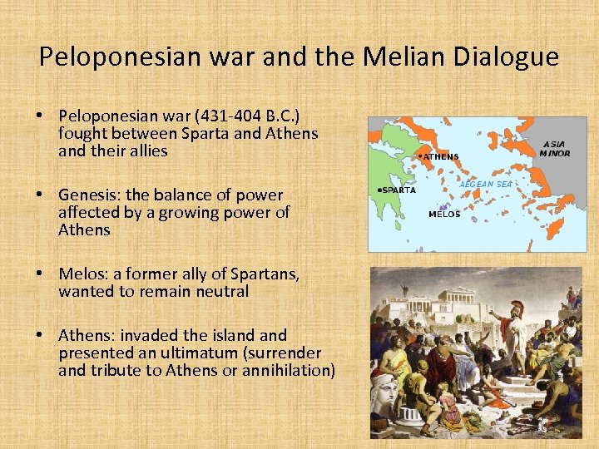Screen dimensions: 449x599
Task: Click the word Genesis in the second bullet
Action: point(87,195)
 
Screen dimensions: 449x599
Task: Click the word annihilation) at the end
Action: point(285,370)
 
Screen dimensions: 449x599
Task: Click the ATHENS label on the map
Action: point(441,156)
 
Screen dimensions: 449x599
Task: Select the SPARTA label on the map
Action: point(399,190)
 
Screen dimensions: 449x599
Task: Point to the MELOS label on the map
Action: point(444,215)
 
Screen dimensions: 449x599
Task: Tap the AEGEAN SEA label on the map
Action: point(487,183)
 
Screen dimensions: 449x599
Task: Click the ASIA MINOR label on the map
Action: point(555,148)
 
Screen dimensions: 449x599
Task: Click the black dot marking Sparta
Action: point(379,190)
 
